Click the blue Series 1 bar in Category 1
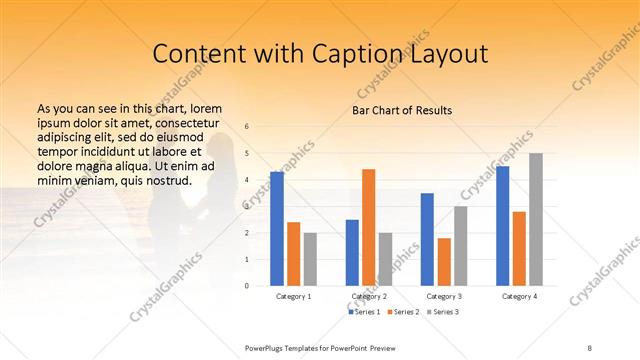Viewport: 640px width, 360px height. click(277, 229)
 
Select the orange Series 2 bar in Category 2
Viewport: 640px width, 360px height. click(368, 227)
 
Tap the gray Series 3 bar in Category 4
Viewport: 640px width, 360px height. click(536, 219)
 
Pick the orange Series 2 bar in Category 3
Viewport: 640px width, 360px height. click(444, 262)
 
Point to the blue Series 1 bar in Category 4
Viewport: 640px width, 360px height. click(502, 226)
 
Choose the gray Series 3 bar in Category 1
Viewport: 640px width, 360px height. click(310, 259)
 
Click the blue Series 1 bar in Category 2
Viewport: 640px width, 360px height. click(352, 253)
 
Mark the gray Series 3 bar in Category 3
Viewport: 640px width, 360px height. click(460, 246)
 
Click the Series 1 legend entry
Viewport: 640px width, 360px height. click(365, 313)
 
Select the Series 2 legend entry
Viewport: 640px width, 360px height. click(402, 313)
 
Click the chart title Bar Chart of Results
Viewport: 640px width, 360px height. click(402, 110)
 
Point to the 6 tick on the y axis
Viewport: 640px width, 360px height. click(247, 126)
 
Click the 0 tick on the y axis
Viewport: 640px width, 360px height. click(247, 286)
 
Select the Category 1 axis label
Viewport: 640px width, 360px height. click(294, 297)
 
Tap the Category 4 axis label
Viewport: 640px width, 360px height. click(519, 297)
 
